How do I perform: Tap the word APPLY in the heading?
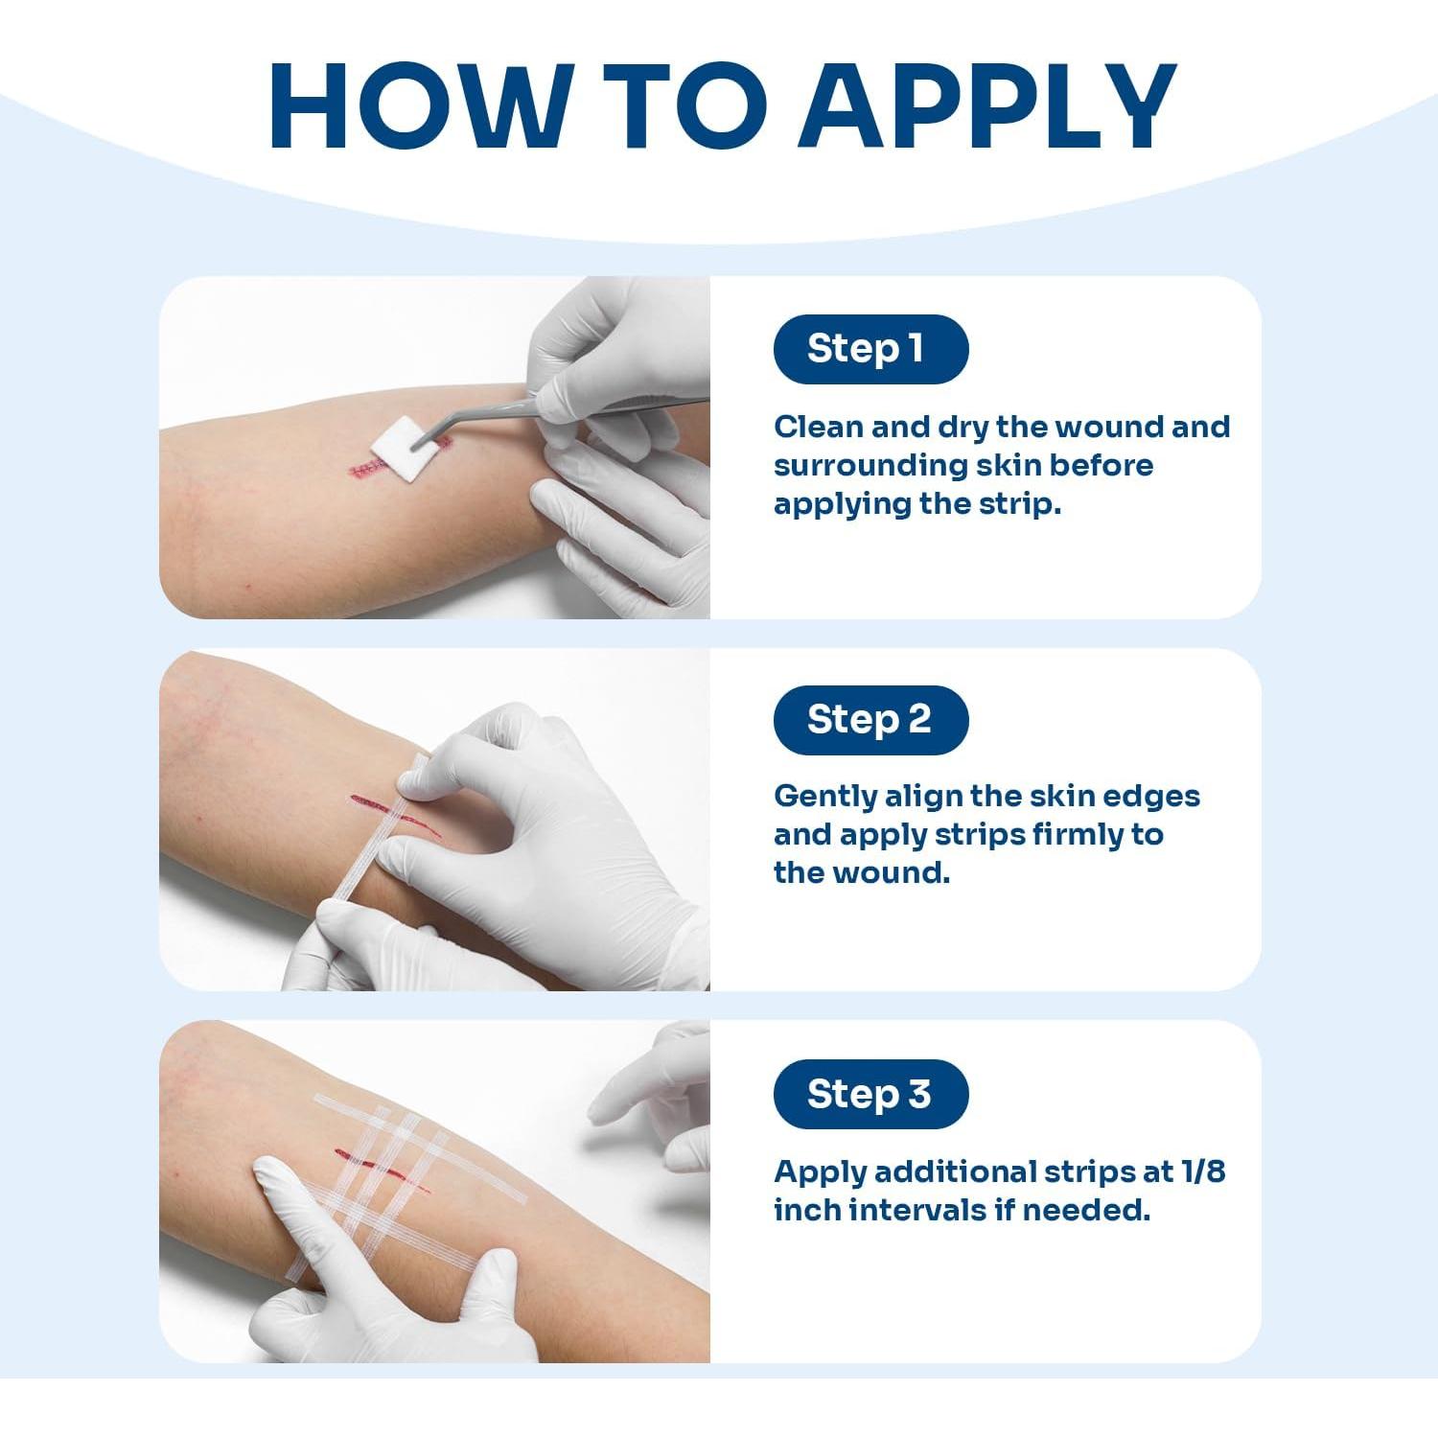point(986,106)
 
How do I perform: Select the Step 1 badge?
point(870,349)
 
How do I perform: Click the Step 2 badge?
point(870,720)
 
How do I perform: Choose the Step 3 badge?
point(870,1094)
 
